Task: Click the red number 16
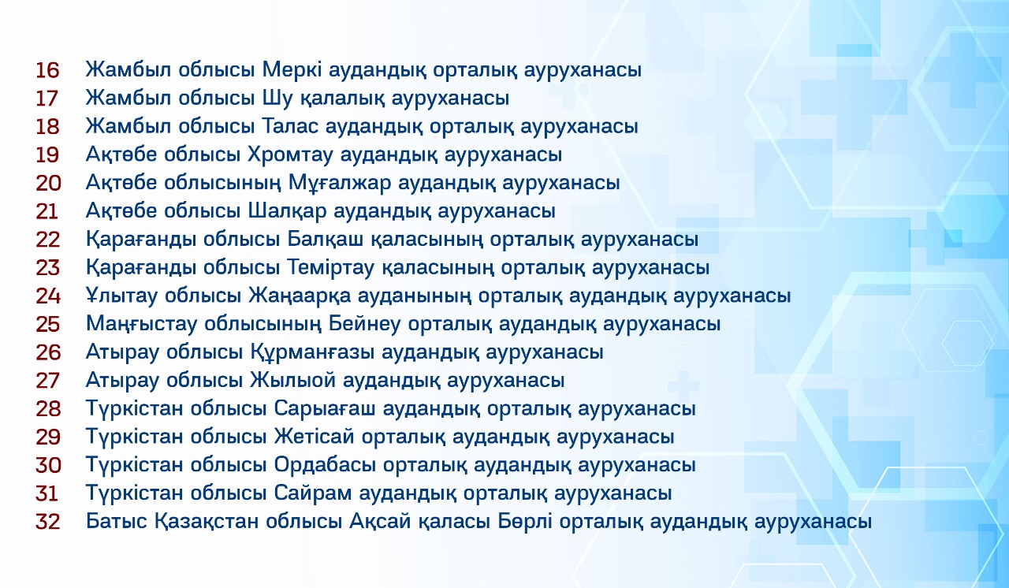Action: [47, 70]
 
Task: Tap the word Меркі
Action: [292, 70]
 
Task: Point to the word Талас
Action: [290, 126]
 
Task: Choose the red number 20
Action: [48, 183]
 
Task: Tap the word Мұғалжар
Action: [340, 184]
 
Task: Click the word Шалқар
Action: [288, 211]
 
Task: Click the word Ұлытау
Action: [121, 296]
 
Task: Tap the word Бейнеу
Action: [364, 324]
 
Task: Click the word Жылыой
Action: [293, 381]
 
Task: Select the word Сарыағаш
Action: [325, 409]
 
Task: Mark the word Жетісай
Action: [315, 437]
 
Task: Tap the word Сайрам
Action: [313, 493]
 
